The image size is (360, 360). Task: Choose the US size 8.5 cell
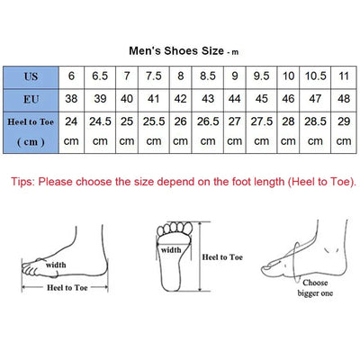pos(208,75)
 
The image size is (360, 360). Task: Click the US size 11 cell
pos(344,75)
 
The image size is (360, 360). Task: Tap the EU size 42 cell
pos(181,97)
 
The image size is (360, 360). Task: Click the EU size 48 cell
pos(344,97)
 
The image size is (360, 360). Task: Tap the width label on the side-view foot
pos(57,265)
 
